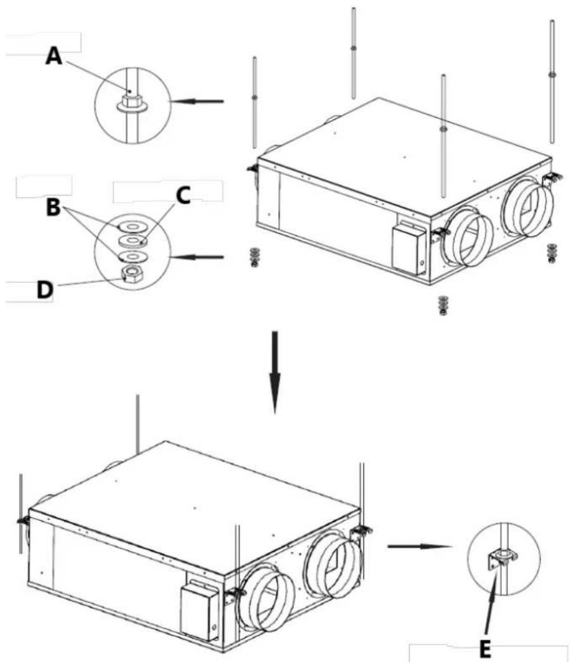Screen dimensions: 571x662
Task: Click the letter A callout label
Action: point(54,56)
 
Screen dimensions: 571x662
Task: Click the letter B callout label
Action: point(53,208)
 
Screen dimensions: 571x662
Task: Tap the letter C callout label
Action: point(183,196)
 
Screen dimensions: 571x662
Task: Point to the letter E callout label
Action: point(485,650)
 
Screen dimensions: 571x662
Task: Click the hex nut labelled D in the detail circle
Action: point(131,274)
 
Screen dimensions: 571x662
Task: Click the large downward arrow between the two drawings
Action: point(274,372)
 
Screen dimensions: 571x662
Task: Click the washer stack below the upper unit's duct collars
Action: point(442,305)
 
